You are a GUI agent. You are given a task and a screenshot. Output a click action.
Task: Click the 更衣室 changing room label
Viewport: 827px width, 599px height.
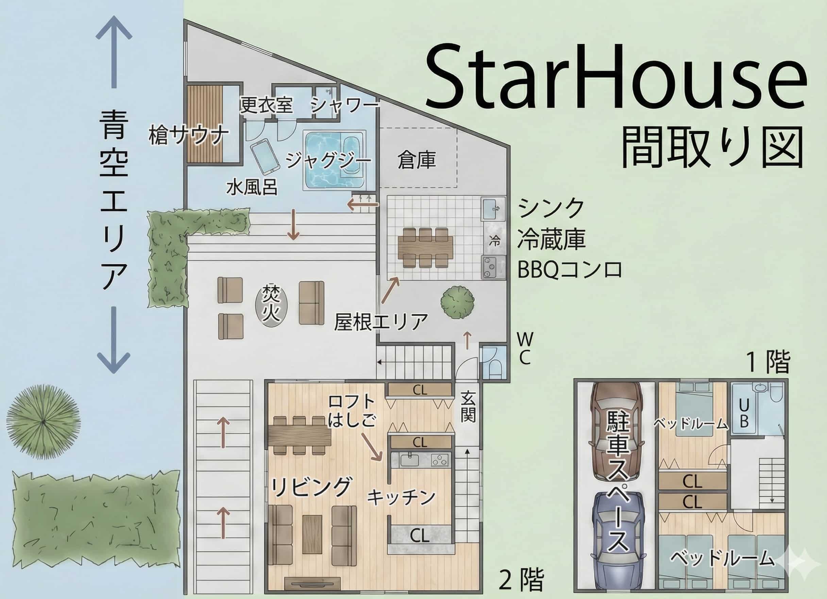pyautogui.click(x=266, y=105)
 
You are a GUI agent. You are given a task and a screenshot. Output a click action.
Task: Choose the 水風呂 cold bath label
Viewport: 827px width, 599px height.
pyautogui.click(x=252, y=188)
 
